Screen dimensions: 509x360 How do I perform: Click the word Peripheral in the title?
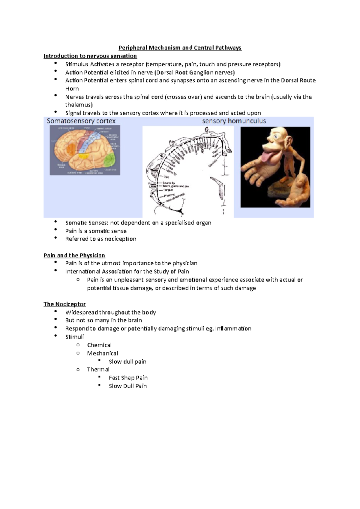pyautogui.click(x=133, y=48)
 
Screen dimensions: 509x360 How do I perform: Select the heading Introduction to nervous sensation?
pyautogui.click(x=90, y=56)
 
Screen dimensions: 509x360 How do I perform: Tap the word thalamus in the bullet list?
pyautogui.click(x=79, y=105)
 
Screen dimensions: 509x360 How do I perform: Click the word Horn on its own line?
pyautogui.click(x=72, y=89)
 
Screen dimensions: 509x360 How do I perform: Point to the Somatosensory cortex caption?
pyautogui.click(x=81, y=121)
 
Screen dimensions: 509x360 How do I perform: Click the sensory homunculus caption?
pyautogui.click(x=234, y=121)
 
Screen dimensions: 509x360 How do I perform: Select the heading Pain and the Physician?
pyautogui.click(x=74, y=255)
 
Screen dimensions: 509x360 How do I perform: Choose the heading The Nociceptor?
pyautogui.click(x=64, y=304)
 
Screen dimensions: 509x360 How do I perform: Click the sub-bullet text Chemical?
pyautogui.click(x=99, y=345)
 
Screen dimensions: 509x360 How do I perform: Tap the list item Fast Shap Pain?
pyautogui.click(x=128, y=378)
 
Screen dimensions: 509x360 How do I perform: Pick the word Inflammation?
pyautogui.click(x=233, y=329)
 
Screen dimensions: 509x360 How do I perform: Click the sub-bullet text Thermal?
pyautogui.click(x=98, y=370)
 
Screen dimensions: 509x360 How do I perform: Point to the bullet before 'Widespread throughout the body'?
pyautogui.click(x=55, y=311)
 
